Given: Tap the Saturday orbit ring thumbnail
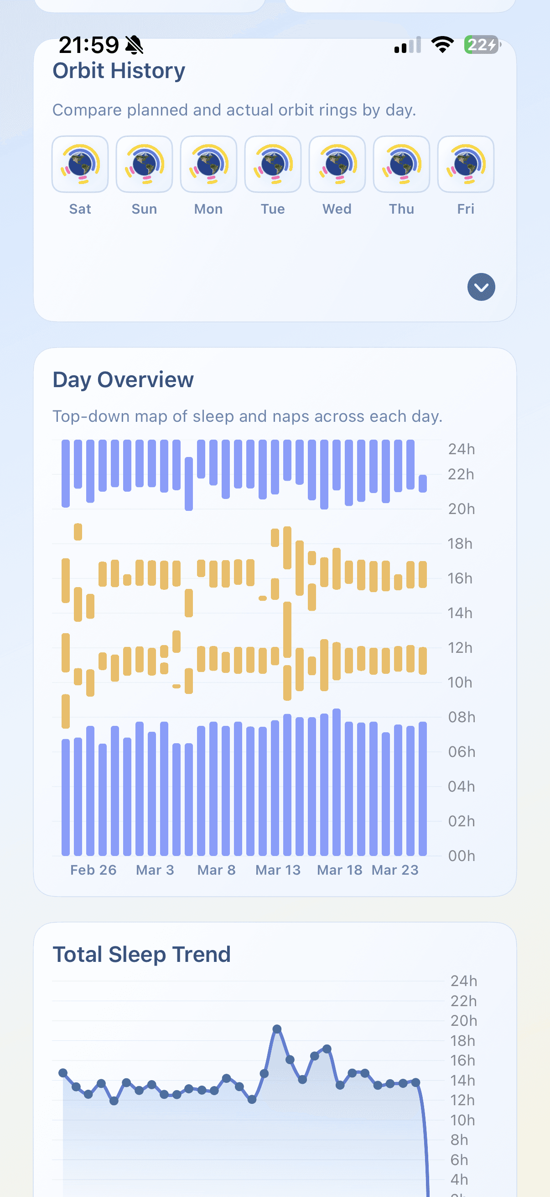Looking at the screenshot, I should pos(80,164).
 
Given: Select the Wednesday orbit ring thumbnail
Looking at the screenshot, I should pos(337,164).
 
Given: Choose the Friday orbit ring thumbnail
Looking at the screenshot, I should pos(466,164).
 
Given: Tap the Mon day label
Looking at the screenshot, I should pos(208,209).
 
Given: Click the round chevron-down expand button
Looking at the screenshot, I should pos(481,287).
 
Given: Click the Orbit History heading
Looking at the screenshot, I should pos(119,71).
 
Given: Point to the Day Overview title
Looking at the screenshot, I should pos(123,380).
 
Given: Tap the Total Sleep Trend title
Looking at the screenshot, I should pos(141,955).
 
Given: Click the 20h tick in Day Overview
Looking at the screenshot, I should pos(462,509).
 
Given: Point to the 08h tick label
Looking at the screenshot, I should pos(462,717).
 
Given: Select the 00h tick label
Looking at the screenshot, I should pos(462,856).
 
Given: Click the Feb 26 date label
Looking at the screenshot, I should pos(93,870).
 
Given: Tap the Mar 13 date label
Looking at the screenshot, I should pos(278,870).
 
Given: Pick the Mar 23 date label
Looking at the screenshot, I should pos(395,870).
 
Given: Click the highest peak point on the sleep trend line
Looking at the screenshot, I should pos(277,1029).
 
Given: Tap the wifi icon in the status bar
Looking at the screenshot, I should pos(442,45).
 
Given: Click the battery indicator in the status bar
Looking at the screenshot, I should pos(482,45).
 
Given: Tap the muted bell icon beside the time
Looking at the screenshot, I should pos(134,45).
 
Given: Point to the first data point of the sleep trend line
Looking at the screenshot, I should pos(63,1073).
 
